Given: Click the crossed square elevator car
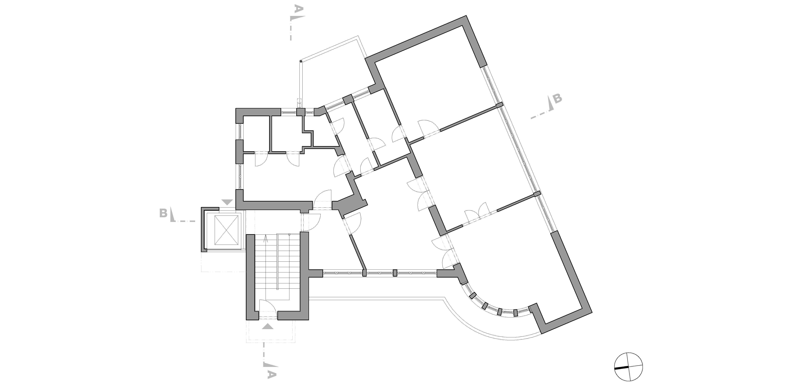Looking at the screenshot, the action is (x=227, y=230).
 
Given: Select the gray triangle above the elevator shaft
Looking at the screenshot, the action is (x=228, y=202).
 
